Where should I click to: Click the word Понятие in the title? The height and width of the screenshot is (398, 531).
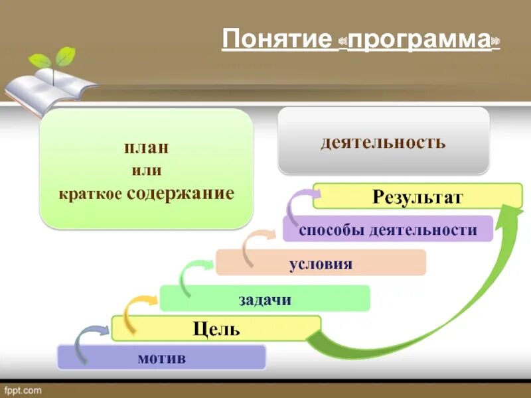click(276, 39)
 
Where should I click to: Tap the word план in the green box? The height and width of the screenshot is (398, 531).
click(145, 147)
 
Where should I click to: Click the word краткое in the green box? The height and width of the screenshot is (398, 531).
click(90, 195)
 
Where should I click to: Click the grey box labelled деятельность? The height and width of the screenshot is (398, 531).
click(383, 141)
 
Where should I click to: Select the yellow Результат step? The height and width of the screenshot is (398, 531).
click(417, 196)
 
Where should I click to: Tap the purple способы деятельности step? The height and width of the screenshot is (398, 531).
click(388, 230)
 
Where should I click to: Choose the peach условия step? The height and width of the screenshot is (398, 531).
click(321, 264)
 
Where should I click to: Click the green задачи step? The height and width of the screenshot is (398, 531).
click(265, 299)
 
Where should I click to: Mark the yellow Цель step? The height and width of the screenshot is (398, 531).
click(216, 328)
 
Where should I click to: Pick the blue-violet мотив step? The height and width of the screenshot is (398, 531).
click(161, 359)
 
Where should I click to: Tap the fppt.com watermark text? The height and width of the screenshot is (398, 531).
click(24, 389)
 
